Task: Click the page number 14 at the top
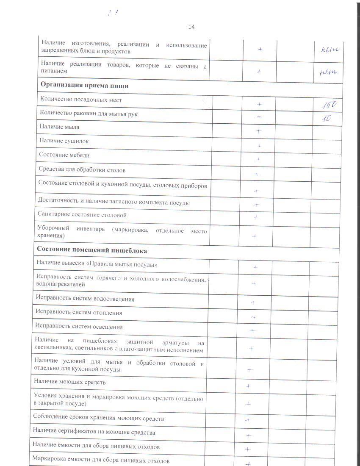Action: point(191,27)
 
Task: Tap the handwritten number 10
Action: point(326,118)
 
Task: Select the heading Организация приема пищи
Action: point(84,85)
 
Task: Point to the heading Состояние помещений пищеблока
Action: point(92,250)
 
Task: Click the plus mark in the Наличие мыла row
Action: point(258,130)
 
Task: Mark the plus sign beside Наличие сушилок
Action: point(260,146)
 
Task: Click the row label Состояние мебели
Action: point(64,155)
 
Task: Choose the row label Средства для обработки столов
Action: point(82,170)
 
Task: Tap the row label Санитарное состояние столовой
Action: point(82,215)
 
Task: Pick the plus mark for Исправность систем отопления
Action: point(252,317)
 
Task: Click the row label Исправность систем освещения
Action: point(79,327)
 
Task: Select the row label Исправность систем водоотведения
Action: point(85,299)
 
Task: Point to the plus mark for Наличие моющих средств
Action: point(249,386)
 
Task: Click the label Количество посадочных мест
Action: point(80,100)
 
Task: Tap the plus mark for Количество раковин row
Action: point(259,116)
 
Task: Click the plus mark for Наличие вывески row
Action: point(255,267)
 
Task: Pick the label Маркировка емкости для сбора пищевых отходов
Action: point(101,461)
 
